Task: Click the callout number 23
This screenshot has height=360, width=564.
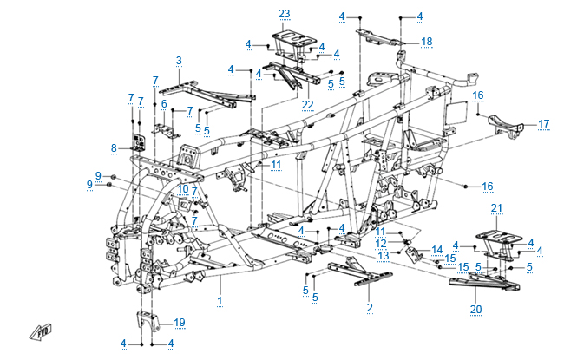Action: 284,13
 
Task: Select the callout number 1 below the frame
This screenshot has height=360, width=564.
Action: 220,300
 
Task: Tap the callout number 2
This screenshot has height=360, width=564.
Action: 370,307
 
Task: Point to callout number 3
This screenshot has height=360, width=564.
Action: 179,60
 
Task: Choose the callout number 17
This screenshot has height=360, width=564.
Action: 543,124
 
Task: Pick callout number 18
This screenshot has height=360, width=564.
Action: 426,41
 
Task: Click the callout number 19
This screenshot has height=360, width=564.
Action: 180,323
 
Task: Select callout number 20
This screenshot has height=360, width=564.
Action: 475,308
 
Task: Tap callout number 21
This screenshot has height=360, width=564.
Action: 496,207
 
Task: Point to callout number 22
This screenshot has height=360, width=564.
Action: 307,105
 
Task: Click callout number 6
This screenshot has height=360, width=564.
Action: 162,104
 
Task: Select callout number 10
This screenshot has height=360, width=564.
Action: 183,188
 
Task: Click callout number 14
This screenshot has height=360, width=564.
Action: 437,249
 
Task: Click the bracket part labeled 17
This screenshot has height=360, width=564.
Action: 504,124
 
